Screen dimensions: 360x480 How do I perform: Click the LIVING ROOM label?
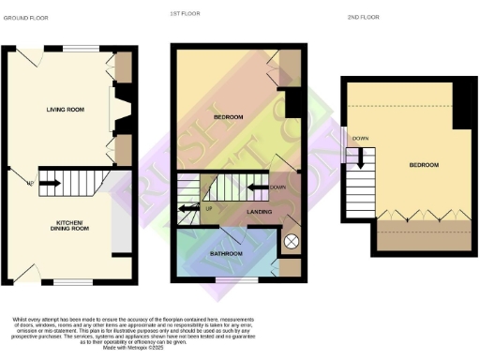pyautogui.click(x=66, y=110)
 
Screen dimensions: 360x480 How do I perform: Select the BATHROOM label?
pyautogui.click(x=226, y=254)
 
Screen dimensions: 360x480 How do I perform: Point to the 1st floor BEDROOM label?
pyautogui.click(x=228, y=117)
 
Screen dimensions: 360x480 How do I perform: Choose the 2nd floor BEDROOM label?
pyautogui.click(x=423, y=165)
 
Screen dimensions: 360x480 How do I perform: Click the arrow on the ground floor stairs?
pyautogui.click(x=50, y=184)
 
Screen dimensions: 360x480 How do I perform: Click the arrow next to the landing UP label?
pyautogui.click(x=187, y=207)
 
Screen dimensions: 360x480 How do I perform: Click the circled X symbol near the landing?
pyautogui.click(x=291, y=242)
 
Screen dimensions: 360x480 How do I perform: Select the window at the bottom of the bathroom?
pyautogui.click(x=231, y=280)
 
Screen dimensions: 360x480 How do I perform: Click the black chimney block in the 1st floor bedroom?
pyautogui.click(x=292, y=101)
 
